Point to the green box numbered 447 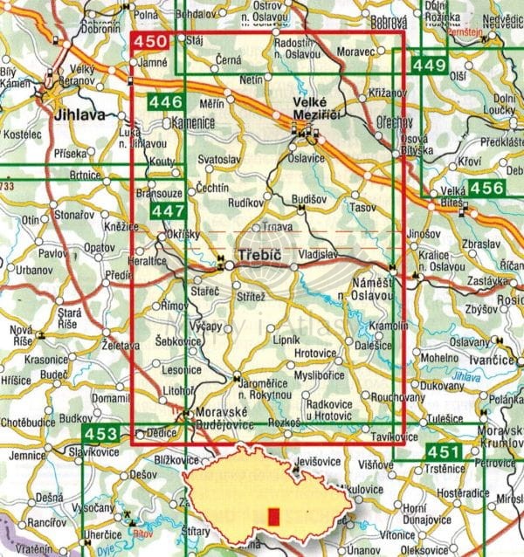(x=168, y=210)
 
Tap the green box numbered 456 (x=486, y=188)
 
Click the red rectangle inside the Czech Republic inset (x=273, y=517)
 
